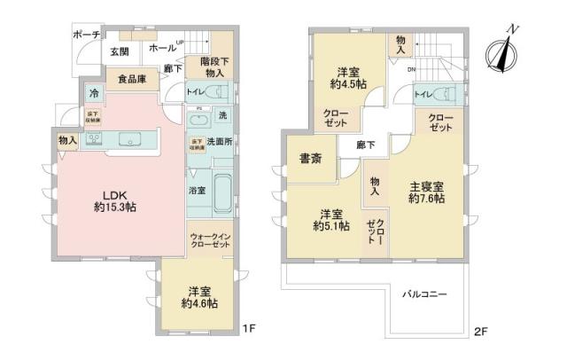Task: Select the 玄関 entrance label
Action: (120, 51)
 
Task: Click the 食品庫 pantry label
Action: (133, 79)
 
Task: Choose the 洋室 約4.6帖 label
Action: (200, 296)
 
